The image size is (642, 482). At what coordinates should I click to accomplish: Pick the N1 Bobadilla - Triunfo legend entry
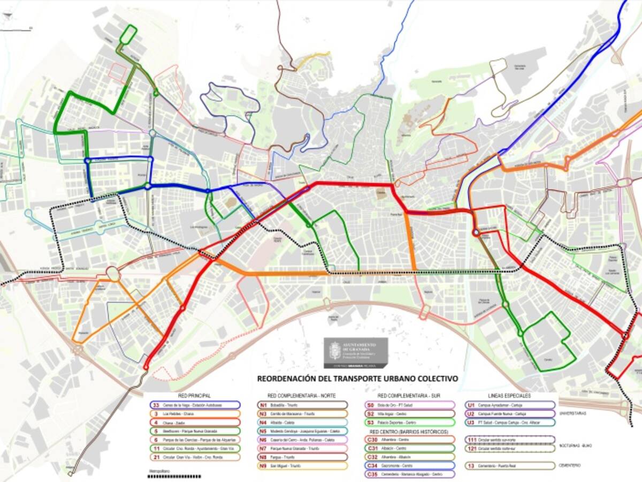[x=302, y=405]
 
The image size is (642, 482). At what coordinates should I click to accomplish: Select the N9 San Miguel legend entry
[x=302, y=465]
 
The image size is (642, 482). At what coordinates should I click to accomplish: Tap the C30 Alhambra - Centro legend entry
[x=409, y=440]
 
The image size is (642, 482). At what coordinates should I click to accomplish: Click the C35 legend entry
[x=409, y=474]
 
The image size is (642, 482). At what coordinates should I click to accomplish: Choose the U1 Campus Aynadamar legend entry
[x=510, y=405]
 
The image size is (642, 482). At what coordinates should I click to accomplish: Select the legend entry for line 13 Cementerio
[x=510, y=465]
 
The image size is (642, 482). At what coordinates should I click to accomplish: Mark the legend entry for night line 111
[x=510, y=440]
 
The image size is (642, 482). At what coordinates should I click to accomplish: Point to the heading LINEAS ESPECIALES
[x=509, y=396]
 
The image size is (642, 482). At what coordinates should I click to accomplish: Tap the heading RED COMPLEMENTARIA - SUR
[x=409, y=396]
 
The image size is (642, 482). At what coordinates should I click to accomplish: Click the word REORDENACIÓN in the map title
[x=284, y=378]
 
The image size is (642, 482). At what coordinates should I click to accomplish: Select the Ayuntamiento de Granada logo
[x=355, y=352]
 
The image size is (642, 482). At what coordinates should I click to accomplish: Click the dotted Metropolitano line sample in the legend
[x=174, y=476]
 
